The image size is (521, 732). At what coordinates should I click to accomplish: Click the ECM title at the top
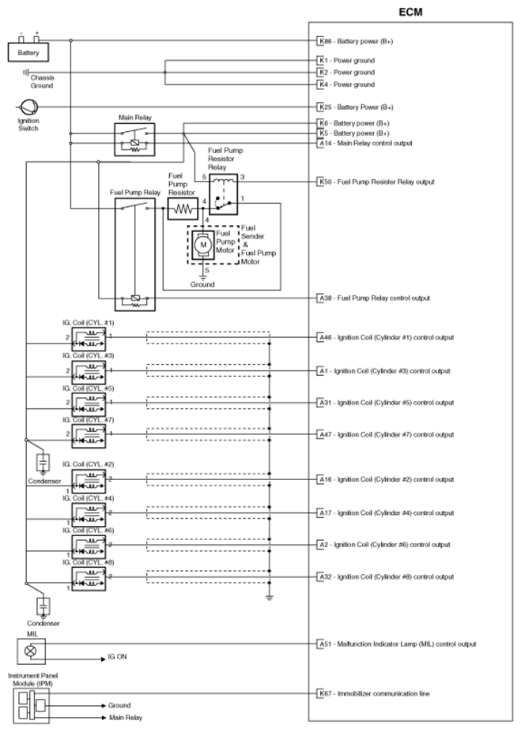click(x=413, y=13)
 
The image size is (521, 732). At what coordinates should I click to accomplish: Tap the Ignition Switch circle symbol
click(x=26, y=107)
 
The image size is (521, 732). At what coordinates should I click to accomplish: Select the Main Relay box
click(x=134, y=140)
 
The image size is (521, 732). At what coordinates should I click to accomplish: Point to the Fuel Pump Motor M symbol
click(x=202, y=245)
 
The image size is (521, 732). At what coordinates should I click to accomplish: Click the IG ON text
click(x=119, y=658)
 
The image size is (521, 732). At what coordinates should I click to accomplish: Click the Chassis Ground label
click(x=42, y=81)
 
